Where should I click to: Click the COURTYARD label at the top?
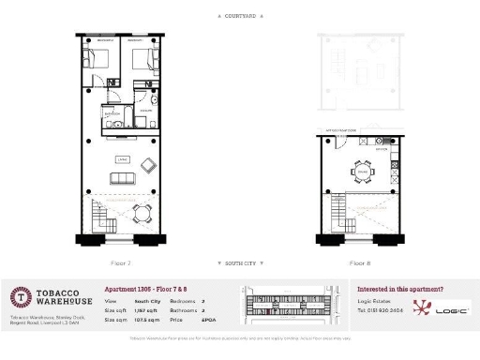[239, 17]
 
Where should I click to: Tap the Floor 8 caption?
[360, 263]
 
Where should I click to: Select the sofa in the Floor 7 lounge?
[122, 178]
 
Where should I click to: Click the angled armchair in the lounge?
[148, 166]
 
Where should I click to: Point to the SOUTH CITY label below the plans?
[240, 263]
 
